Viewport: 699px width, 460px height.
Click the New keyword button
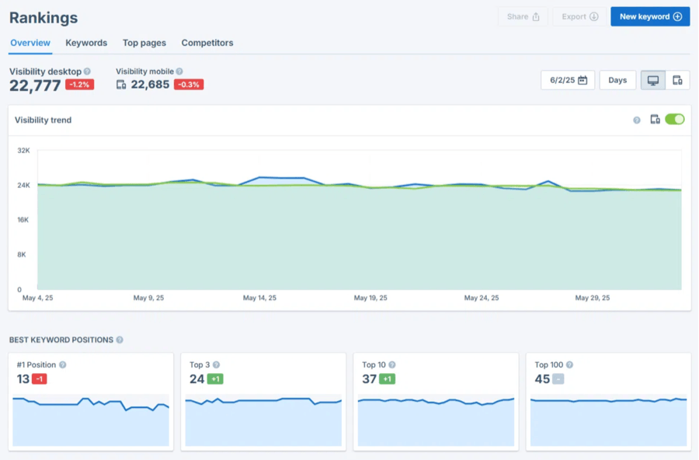(650, 16)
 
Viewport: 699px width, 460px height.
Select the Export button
(579, 16)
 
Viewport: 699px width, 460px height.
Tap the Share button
(523, 16)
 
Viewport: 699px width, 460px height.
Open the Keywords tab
(86, 43)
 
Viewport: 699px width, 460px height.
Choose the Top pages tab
(144, 43)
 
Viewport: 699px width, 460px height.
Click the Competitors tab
(207, 43)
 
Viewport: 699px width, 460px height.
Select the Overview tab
(30, 43)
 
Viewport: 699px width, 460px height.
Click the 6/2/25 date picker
(568, 80)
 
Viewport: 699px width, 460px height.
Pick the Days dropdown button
(617, 80)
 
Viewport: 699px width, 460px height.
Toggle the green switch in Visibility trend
(675, 120)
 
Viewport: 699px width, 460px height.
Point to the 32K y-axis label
(23, 150)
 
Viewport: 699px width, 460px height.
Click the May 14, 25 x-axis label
(260, 298)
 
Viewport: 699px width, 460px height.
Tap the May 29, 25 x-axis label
(593, 298)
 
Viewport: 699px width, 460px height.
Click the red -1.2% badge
(79, 85)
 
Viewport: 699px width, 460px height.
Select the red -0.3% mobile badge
(189, 85)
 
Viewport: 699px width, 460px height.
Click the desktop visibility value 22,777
(35, 85)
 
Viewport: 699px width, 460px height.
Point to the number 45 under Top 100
(542, 379)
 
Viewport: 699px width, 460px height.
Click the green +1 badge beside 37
(388, 379)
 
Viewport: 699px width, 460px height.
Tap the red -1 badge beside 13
(40, 379)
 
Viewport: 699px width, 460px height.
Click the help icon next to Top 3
(216, 364)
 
